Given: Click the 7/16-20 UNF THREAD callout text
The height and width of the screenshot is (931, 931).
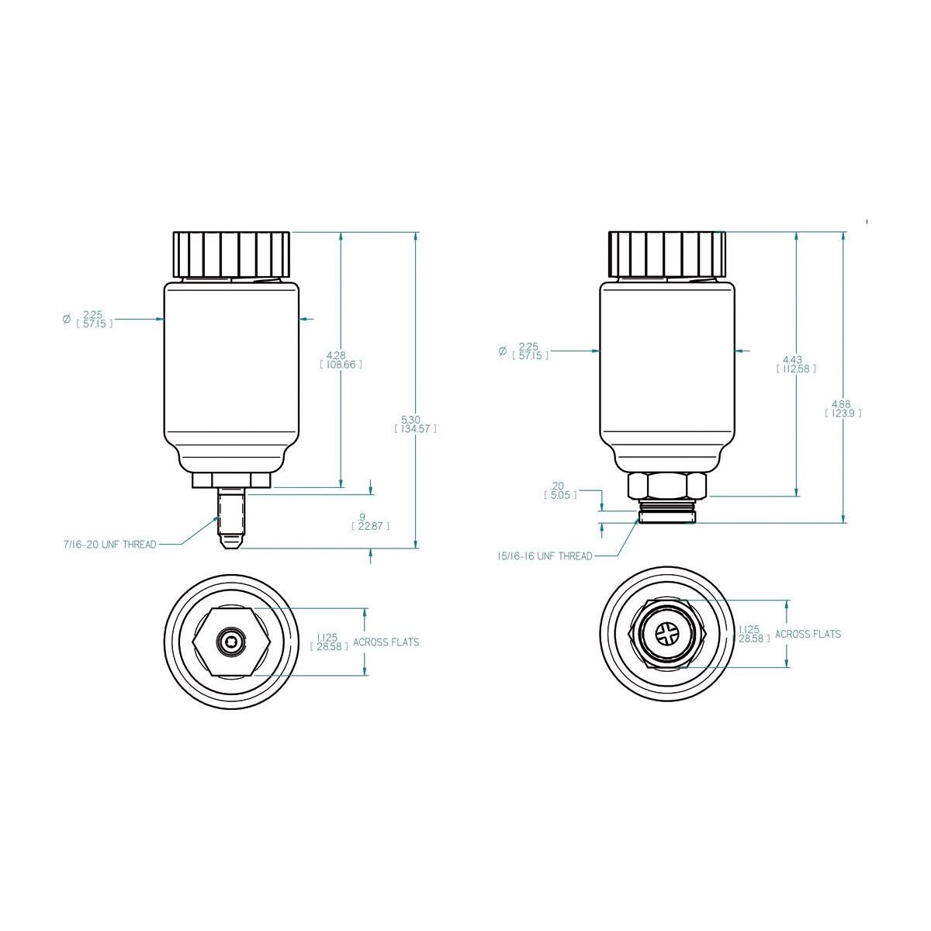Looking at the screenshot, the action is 109,545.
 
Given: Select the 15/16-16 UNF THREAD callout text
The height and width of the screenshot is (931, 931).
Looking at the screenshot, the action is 545,556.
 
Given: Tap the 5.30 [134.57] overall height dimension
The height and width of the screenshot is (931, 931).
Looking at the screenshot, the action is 416,424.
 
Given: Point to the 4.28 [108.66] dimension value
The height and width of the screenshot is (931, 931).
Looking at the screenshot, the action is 341,360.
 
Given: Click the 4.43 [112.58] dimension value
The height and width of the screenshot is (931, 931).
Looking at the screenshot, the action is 796,365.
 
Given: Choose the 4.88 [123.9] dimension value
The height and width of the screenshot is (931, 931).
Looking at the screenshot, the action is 843,408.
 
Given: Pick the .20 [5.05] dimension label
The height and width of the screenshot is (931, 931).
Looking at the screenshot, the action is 560,490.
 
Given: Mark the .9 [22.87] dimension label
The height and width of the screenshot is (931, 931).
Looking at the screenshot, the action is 370,522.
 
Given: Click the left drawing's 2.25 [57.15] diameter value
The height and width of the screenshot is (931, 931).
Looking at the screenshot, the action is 94,319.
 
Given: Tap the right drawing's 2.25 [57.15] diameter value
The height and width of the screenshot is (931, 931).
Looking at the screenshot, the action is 530,351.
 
